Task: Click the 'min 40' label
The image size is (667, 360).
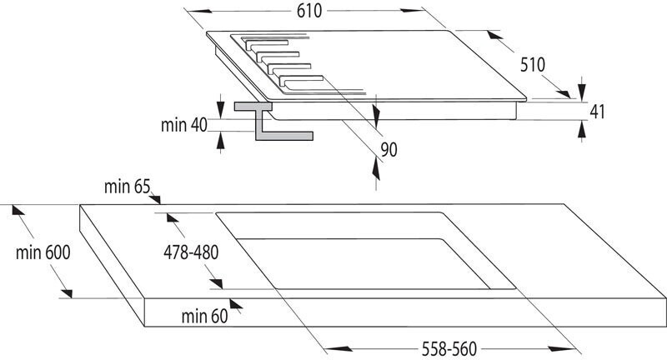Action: (x=183, y=125)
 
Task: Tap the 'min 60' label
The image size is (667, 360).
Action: (x=203, y=316)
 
